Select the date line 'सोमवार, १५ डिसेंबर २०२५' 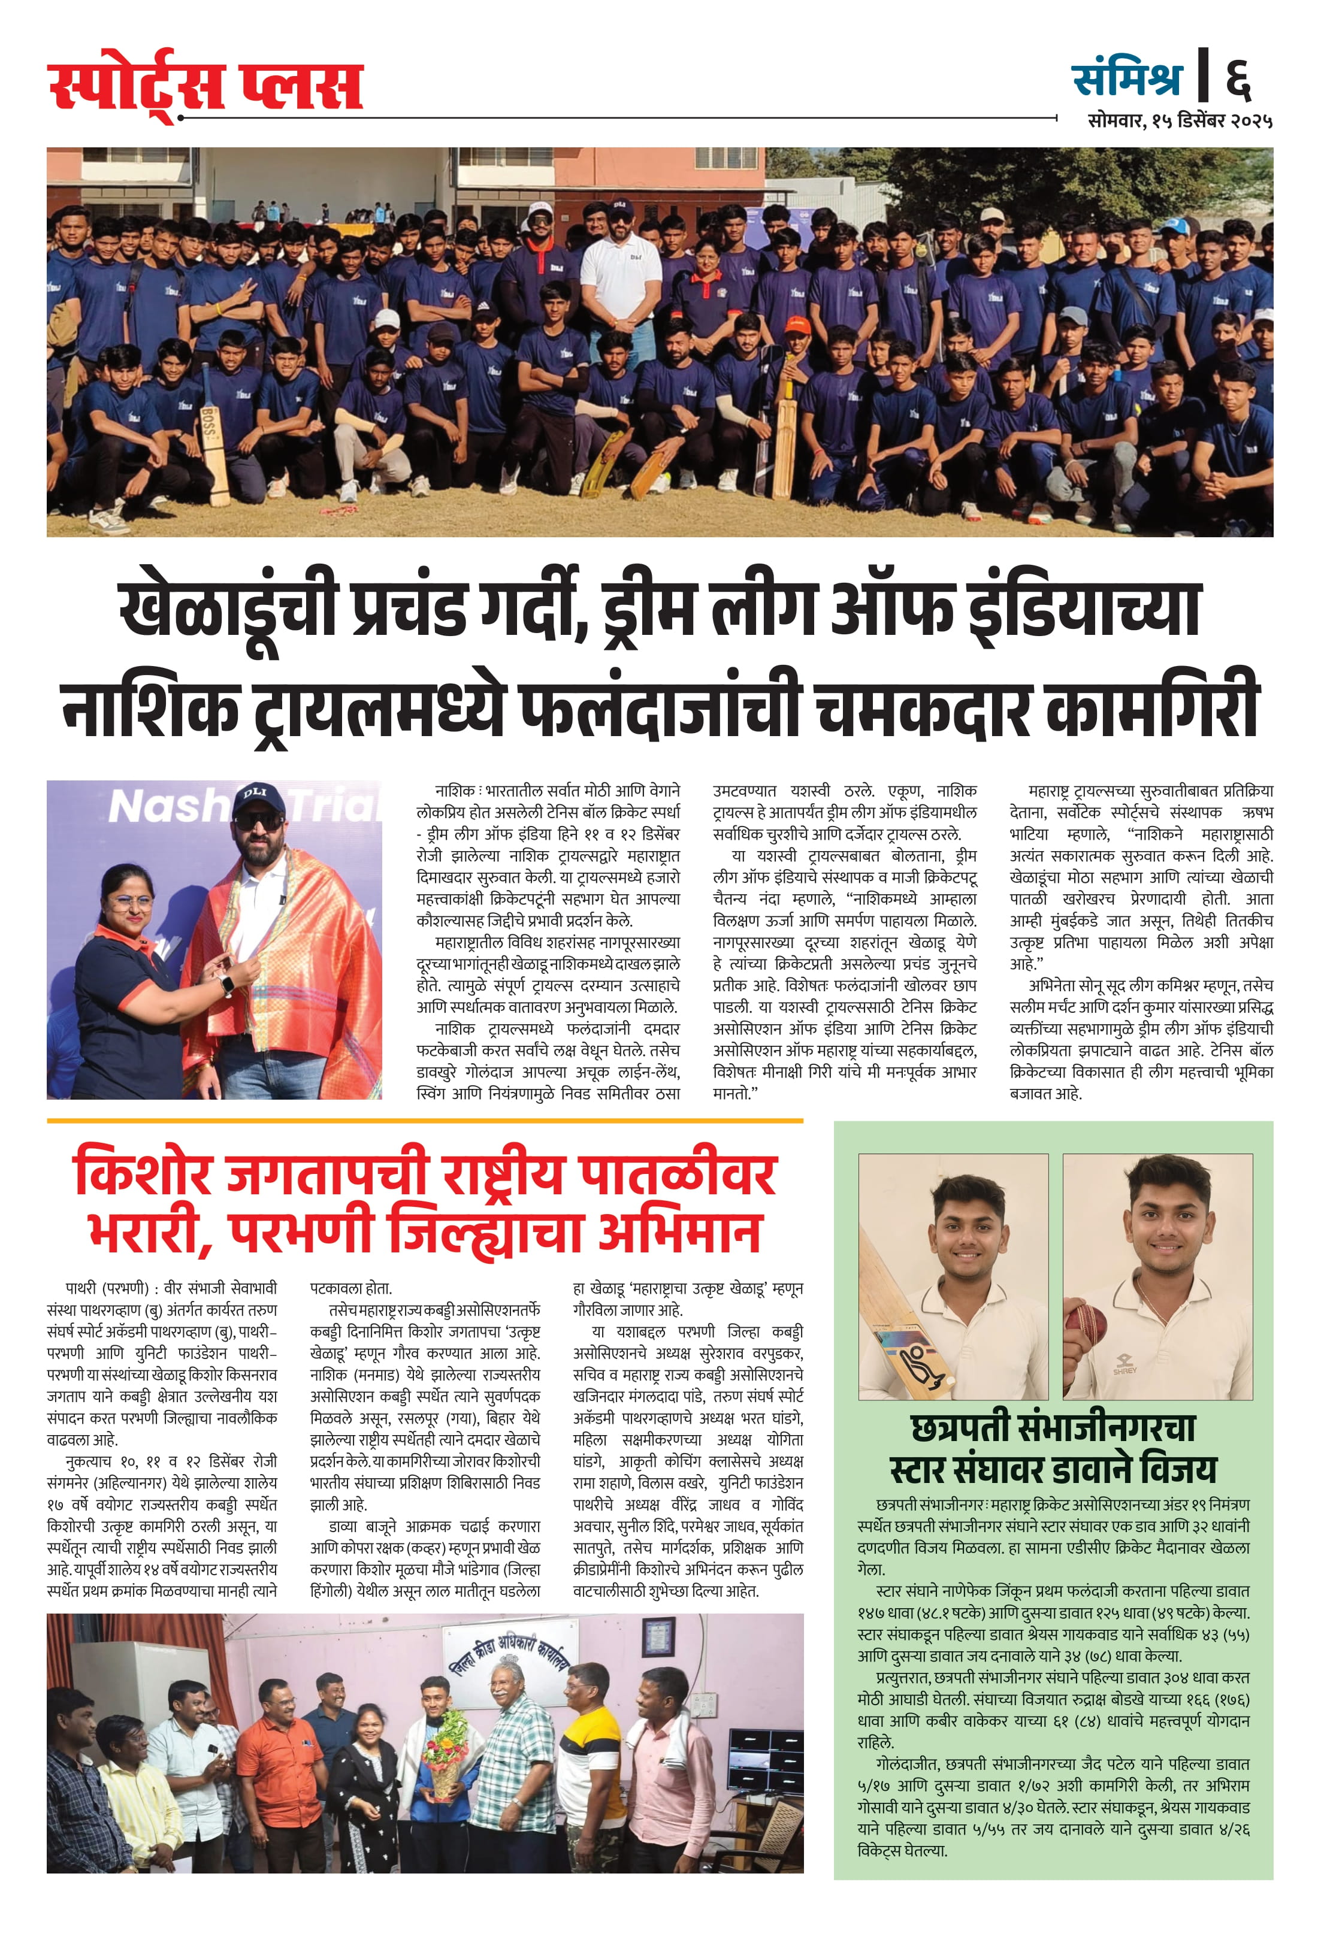click(1180, 122)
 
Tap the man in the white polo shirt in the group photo click(621, 291)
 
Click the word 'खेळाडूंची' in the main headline click(227, 610)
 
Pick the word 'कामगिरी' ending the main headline click(1153, 706)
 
